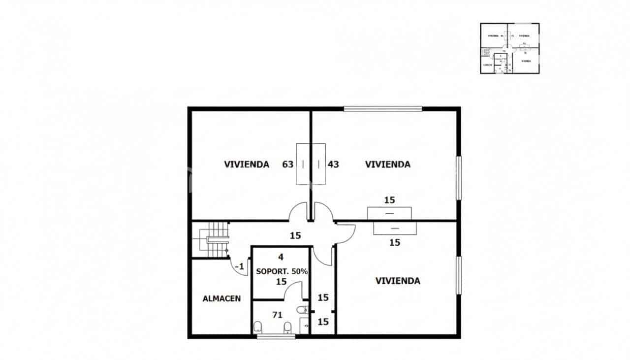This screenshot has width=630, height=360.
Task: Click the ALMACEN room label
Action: click(221, 298)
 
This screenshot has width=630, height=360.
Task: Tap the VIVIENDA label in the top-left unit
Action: click(247, 164)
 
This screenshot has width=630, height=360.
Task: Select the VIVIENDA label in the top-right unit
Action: click(387, 164)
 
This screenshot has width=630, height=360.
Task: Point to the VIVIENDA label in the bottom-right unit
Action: click(398, 281)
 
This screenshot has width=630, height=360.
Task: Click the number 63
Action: click(288, 164)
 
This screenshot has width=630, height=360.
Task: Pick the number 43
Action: click(333, 164)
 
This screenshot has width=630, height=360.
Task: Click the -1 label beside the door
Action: click(240, 266)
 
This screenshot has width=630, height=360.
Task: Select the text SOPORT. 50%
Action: click(282, 271)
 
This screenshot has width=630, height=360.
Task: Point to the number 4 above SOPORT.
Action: click(281, 257)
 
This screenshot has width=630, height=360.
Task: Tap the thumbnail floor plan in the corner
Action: click(509, 48)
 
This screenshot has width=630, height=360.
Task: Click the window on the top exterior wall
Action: click(383, 109)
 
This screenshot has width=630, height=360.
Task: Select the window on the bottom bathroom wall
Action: click(276, 336)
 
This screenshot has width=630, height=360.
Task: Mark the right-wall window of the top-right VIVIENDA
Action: click(458, 178)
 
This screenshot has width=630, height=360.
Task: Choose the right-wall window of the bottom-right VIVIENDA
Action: click(458, 275)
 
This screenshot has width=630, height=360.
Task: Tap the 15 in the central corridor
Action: click(295, 236)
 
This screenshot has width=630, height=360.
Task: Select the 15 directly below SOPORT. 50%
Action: click(281, 282)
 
